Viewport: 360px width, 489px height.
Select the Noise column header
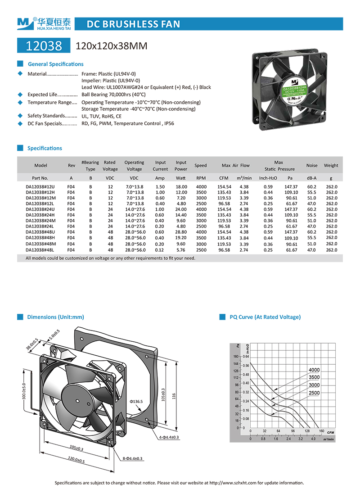click(x=312, y=166)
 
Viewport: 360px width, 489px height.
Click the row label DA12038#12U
click(x=40, y=186)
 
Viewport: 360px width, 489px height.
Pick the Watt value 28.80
click(x=181, y=232)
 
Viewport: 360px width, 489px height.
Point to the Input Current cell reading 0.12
click(x=160, y=250)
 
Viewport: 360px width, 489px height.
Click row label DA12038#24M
click(x=40, y=221)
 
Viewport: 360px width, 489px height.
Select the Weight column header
click(x=331, y=166)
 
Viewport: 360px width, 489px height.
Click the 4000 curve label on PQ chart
click(x=314, y=370)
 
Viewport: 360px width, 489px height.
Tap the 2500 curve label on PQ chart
click(x=314, y=393)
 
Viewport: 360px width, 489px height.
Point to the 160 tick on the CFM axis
click(x=321, y=431)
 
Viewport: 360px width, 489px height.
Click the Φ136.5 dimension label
click(x=136, y=401)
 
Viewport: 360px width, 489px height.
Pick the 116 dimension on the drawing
click(x=180, y=397)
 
